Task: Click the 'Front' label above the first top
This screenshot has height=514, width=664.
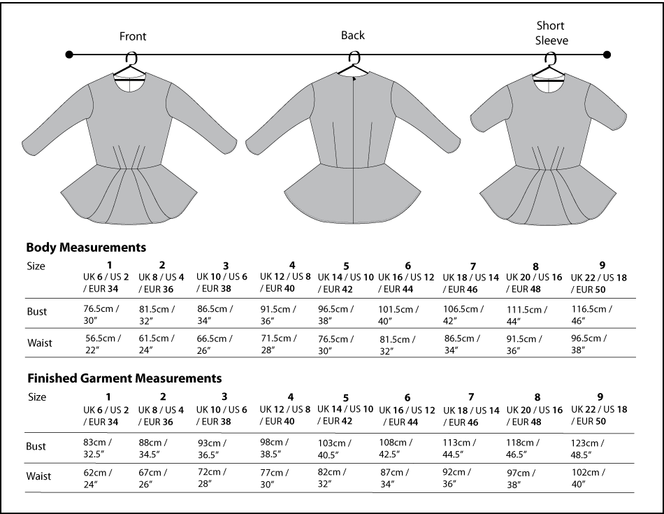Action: [x=133, y=36]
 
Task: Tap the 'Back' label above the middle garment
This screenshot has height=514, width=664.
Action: [x=353, y=35]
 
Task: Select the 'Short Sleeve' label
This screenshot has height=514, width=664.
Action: [x=551, y=33]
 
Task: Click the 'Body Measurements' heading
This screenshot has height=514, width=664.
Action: [x=86, y=247]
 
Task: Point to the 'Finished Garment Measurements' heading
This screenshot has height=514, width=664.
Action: [x=124, y=378]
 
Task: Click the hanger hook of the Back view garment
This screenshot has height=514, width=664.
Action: [x=354, y=57]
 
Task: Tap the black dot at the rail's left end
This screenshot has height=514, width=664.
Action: [x=68, y=55]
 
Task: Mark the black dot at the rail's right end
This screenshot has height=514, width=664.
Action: [x=607, y=55]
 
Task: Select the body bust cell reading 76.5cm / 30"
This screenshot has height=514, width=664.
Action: [x=101, y=313]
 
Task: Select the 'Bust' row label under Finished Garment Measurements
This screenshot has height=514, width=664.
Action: [x=36, y=446]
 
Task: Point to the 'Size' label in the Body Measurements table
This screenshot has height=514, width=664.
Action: [x=36, y=266]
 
